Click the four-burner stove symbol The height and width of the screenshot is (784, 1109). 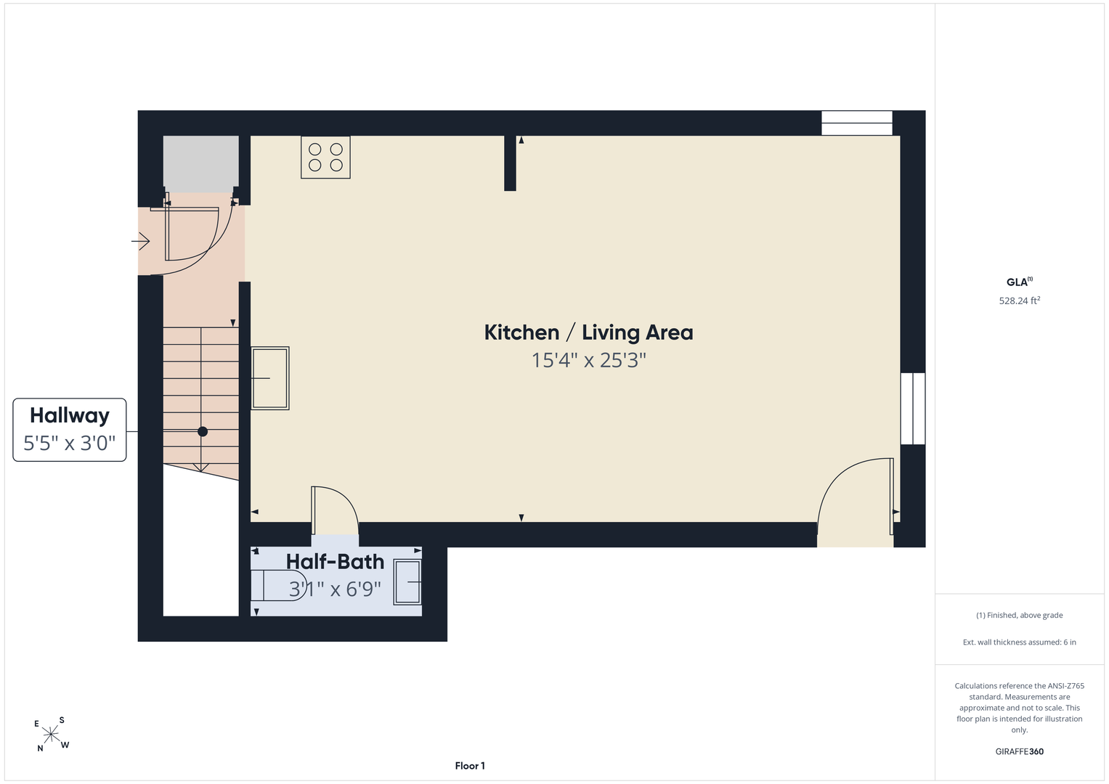pos(325,157)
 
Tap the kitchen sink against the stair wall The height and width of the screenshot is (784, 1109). pos(270,378)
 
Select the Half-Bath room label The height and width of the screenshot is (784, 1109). pos(336,561)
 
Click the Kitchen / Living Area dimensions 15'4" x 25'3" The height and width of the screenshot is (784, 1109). pos(589,360)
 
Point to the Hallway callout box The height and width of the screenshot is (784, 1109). pos(69,430)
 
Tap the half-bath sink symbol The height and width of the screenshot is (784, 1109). pos(407,581)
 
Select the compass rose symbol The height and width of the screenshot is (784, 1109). pos(51,734)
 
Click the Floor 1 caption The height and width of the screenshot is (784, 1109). pos(470,766)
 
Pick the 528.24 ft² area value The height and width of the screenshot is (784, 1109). pos(1019,301)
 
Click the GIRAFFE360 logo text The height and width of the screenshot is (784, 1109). pos(1019,751)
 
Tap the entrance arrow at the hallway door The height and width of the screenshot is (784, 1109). pos(141,241)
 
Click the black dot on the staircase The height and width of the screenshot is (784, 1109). pos(203,432)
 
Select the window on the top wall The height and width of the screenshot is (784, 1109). pos(857,123)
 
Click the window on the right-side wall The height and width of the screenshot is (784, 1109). pos(912,409)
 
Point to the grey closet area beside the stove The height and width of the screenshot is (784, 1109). pos(201,164)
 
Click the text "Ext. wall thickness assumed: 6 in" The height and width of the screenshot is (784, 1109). pos(1019,642)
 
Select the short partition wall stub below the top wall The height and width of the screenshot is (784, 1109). pos(510,163)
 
